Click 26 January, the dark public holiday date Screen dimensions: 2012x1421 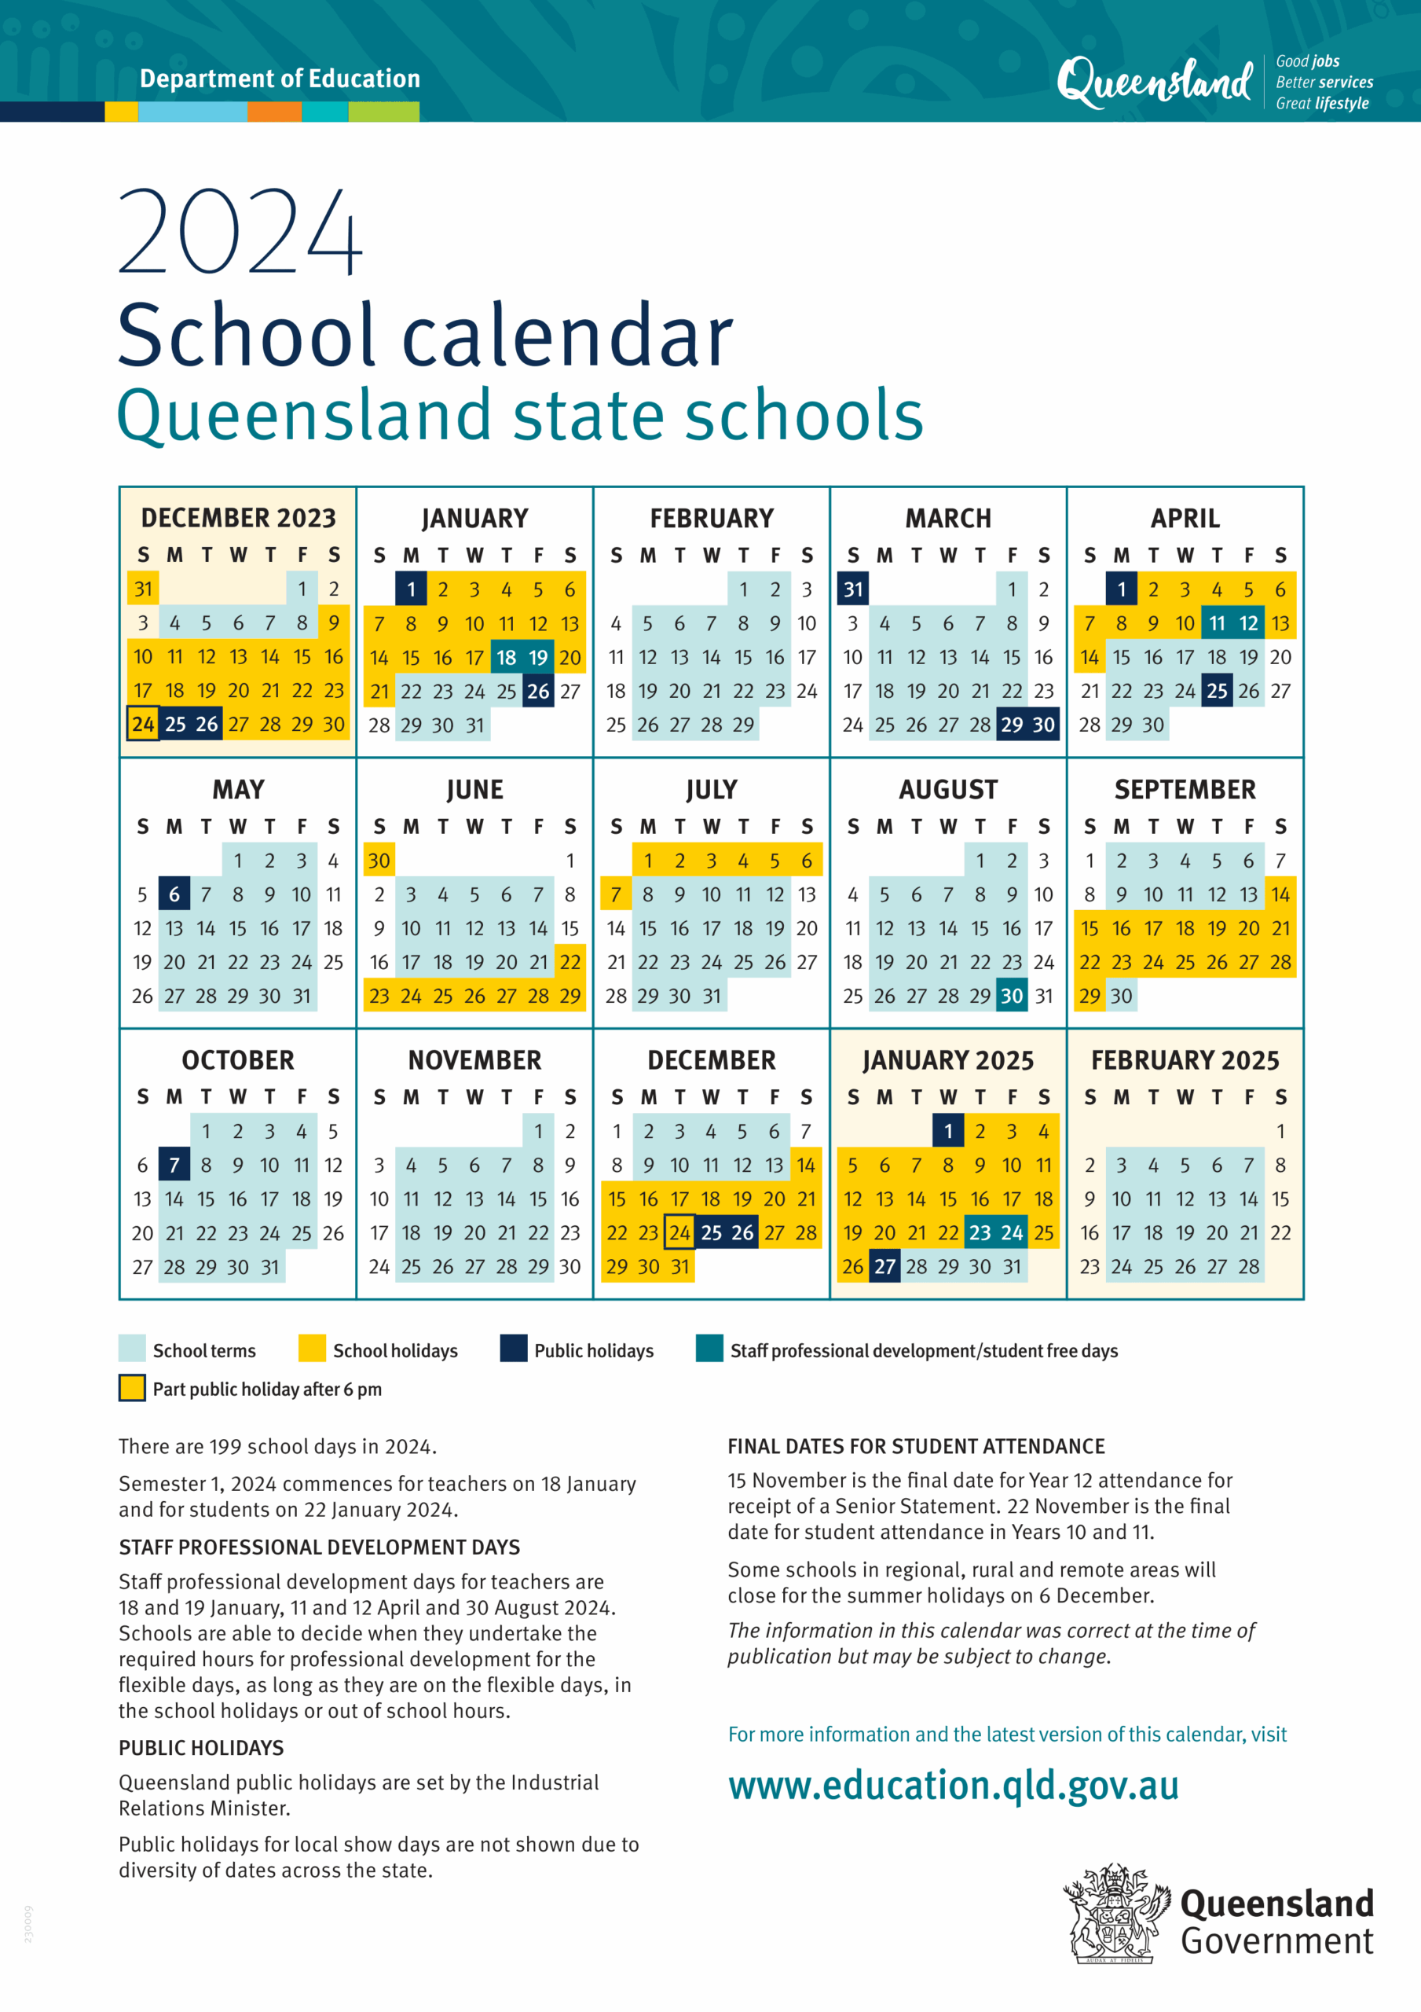point(538,692)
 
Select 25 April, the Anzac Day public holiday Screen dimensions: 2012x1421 point(1216,692)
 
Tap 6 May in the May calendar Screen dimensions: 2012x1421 point(174,894)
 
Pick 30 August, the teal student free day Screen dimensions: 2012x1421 point(1012,996)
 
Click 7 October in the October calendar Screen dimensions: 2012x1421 point(174,1165)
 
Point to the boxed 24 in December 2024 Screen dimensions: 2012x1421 point(679,1233)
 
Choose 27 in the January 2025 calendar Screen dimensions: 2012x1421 point(884,1266)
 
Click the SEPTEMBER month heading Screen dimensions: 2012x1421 point(1185,790)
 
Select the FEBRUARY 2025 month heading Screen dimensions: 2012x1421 point(1185,1060)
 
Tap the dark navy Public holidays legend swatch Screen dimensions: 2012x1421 point(514,1349)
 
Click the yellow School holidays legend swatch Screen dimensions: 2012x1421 point(312,1349)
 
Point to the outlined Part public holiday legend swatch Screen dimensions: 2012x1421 point(132,1388)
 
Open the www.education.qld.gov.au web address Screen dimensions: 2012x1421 point(953,1785)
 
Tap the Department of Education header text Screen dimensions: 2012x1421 point(280,79)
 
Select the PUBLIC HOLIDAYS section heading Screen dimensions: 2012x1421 point(202,1747)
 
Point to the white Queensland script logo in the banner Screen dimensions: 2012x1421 point(1155,82)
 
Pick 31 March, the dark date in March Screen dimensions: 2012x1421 point(853,589)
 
